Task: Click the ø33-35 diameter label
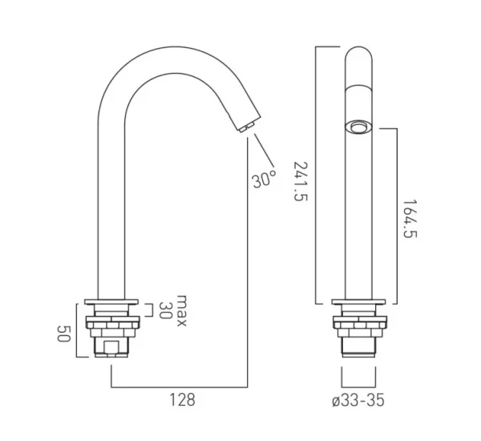[x=358, y=399]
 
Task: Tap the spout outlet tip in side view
[x=245, y=126]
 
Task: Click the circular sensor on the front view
[x=358, y=126]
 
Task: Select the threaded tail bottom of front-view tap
[x=358, y=353]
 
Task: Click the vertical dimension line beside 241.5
[x=316, y=176]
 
